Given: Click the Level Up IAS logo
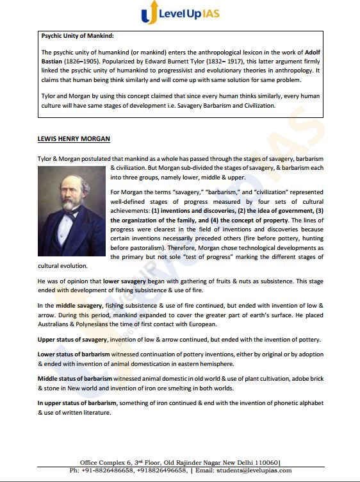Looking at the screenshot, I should click(179, 13).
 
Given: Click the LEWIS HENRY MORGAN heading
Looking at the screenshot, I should click(74, 138).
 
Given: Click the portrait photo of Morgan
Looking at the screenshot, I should click(72, 211).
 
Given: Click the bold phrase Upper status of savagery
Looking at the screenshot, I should click(72, 339).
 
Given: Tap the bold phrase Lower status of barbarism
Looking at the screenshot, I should click(74, 354).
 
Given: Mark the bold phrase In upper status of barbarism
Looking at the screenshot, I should click(77, 403).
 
